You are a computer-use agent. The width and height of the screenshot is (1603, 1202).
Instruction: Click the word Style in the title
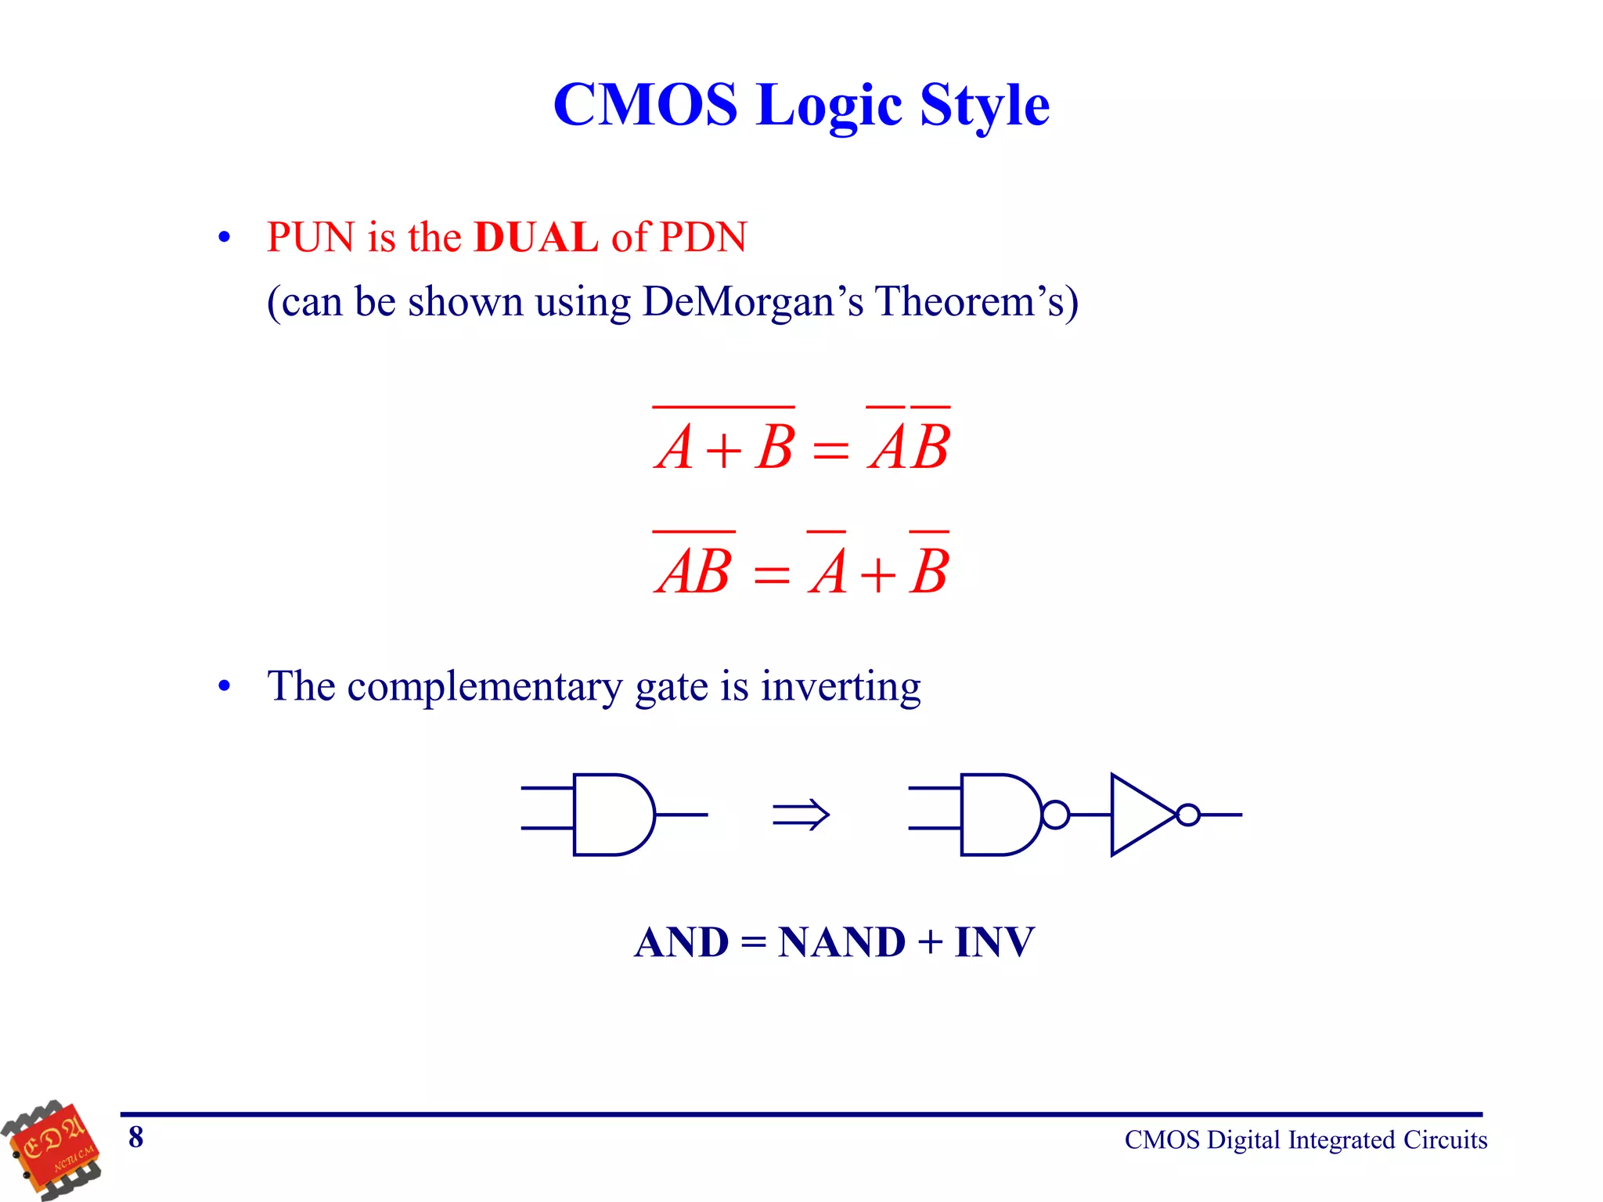(984, 105)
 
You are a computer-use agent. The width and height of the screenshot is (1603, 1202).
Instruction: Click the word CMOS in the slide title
(645, 105)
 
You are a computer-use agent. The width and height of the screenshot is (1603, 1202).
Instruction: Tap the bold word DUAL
(536, 237)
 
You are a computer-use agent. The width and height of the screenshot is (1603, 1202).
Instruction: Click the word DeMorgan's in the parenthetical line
(752, 301)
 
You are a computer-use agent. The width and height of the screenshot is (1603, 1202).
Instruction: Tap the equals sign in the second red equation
(771, 575)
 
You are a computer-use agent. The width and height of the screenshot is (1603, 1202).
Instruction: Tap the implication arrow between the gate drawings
(800, 815)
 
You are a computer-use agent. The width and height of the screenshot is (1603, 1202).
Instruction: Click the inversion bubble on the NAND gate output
(1055, 815)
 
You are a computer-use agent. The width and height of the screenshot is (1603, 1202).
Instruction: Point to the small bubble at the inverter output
(1187, 815)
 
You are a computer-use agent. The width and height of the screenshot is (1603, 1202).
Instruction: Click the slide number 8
(136, 1137)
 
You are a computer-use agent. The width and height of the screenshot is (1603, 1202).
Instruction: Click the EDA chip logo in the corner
(52, 1150)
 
